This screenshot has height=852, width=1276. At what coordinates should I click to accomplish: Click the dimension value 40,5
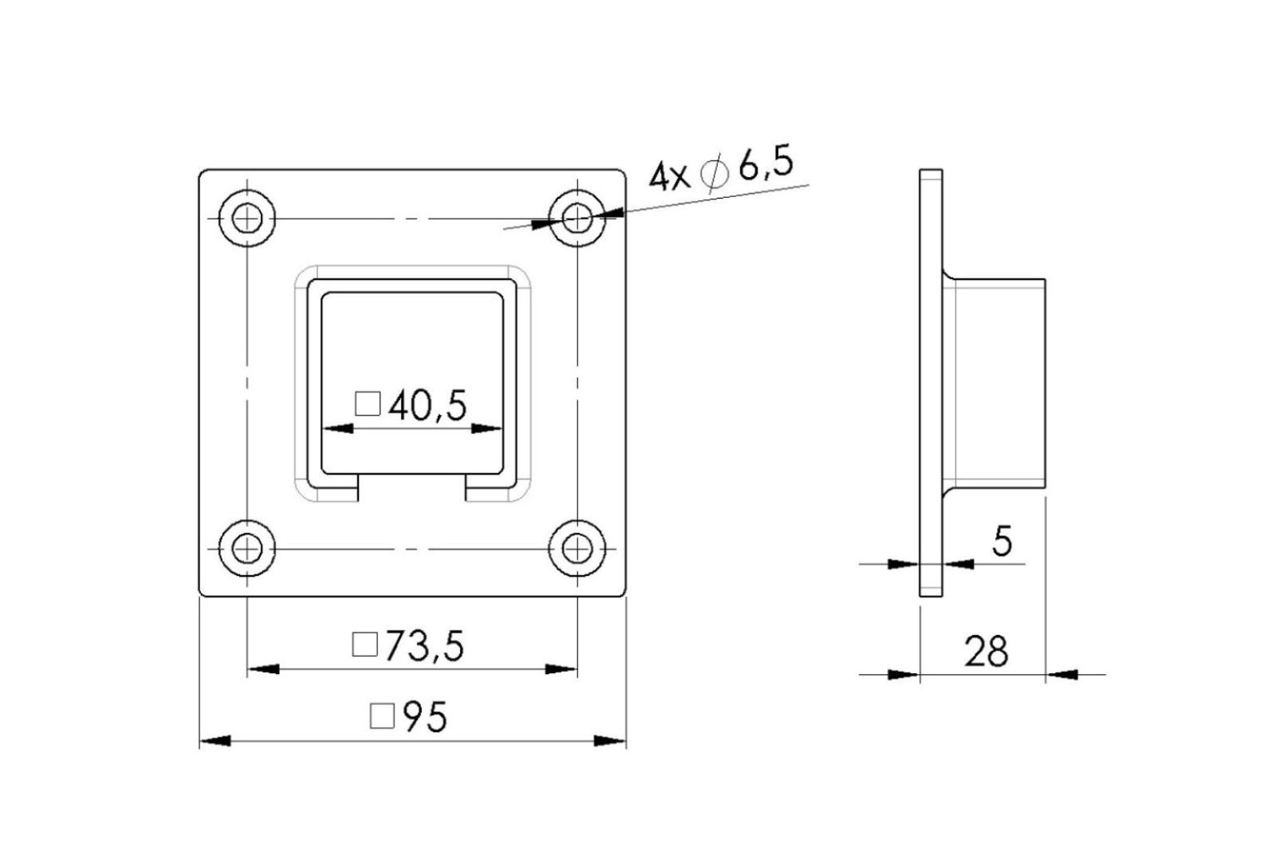click(427, 406)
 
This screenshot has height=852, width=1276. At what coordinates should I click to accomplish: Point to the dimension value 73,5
click(425, 646)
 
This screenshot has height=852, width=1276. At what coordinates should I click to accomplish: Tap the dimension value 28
click(986, 652)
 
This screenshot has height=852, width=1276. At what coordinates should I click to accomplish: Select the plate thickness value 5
click(1002, 541)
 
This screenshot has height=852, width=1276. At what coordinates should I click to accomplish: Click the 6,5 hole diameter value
click(766, 164)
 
